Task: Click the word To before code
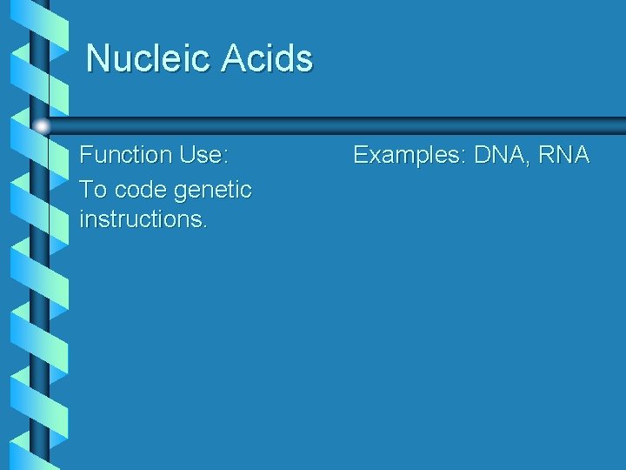click(x=93, y=189)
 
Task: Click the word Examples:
click(x=410, y=157)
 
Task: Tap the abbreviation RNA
click(x=563, y=156)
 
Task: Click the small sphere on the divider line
click(x=42, y=126)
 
